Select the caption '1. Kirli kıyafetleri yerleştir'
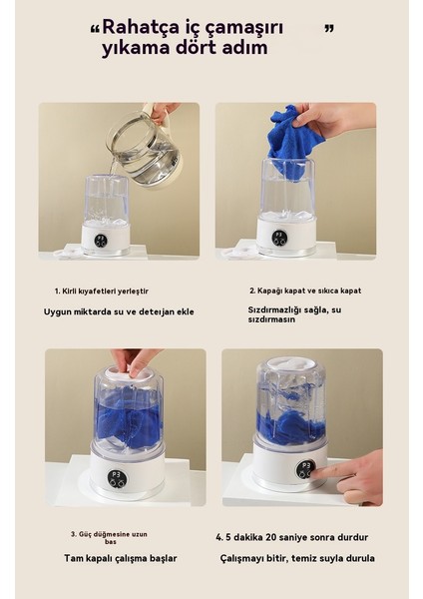pos(102,291)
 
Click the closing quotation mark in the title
pos(329,27)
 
